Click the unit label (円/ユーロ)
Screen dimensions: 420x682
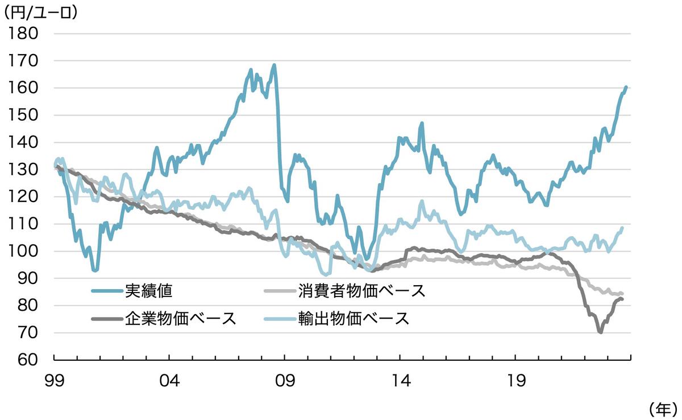point(41,12)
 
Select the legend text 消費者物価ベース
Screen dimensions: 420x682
point(361,291)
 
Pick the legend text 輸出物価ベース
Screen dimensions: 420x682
point(353,318)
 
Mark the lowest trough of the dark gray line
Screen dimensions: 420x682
point(600,332)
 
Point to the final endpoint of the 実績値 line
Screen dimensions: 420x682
point(626,87)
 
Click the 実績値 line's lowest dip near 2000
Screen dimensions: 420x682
point(95,270)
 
